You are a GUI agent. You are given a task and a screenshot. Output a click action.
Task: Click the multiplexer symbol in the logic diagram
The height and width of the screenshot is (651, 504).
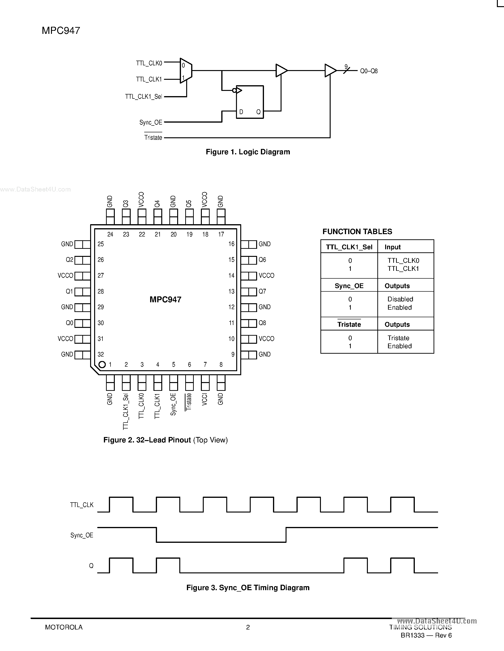[186, 71]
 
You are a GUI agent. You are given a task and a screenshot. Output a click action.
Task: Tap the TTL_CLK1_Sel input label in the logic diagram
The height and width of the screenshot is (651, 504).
[144, 97]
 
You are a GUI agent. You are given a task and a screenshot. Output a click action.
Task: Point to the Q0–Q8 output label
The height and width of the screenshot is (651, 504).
[369, 71]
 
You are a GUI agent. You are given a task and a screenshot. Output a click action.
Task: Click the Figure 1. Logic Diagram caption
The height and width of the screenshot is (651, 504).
[248, 152]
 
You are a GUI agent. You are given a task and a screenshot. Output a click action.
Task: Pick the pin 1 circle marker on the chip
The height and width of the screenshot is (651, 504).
[102, 364]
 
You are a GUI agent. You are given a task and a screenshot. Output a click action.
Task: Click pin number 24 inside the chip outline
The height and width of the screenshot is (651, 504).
[110, 234]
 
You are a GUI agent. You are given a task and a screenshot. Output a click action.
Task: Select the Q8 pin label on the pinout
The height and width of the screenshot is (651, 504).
[262, 323]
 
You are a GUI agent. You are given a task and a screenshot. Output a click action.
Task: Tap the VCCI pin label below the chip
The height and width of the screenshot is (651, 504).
[204, 399]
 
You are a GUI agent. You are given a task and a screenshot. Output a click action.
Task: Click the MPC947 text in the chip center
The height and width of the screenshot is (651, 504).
[165, 299]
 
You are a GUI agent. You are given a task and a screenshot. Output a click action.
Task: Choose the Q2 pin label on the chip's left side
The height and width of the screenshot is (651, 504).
[69, 260]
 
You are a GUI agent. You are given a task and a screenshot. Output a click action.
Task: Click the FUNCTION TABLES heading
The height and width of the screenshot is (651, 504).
[357, 232]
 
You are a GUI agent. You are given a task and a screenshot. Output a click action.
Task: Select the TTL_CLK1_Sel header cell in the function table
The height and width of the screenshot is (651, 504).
[349, 247]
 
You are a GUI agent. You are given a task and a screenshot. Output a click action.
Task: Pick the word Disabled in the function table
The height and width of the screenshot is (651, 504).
[400, 299]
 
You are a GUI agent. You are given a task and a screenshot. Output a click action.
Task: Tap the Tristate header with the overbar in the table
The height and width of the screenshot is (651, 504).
[349, 324]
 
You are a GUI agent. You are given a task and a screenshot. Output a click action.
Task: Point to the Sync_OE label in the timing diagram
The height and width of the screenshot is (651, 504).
[82, 535]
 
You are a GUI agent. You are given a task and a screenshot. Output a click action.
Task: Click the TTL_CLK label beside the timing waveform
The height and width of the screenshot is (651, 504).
[82, 505]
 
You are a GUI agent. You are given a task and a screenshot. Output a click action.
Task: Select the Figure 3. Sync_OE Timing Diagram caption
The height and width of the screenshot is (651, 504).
[248, 588]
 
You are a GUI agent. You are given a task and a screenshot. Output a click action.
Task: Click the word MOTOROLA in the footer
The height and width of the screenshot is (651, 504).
[64, 627]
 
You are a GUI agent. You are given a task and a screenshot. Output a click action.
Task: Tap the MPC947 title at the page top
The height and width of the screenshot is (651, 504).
[61, 30]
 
